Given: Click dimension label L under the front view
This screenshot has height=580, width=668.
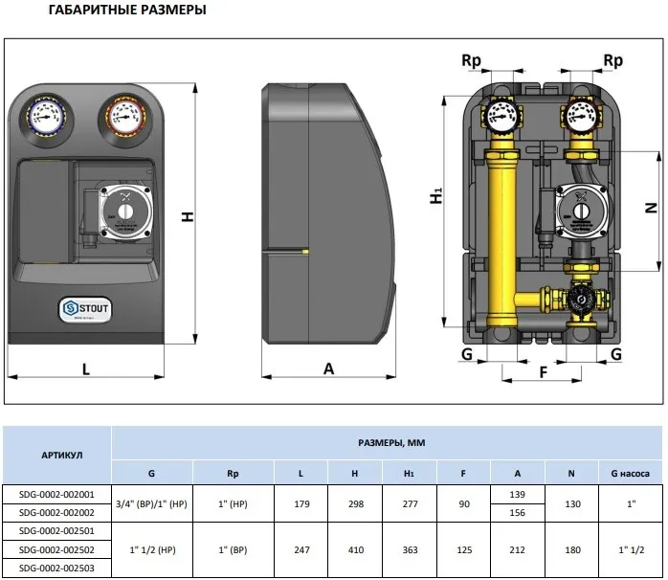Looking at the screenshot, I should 86,368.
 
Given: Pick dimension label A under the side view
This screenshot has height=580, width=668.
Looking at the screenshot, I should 329,368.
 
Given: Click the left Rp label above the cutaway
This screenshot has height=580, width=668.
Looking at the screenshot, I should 471,60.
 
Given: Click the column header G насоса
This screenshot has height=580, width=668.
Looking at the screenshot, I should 623,473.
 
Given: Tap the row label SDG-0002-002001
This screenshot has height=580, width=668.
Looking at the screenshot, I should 56,494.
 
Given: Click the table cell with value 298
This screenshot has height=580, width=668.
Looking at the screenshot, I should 354,502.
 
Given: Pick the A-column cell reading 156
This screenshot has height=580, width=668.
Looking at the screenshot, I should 518,512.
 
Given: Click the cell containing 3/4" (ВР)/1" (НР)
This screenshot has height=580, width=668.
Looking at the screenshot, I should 152,502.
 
